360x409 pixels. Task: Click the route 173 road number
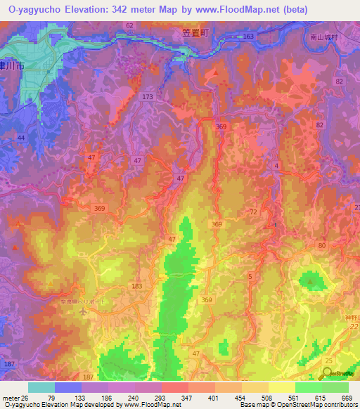point(147,96)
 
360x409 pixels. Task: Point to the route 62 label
point(129,25)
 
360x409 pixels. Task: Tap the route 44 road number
point(21,139)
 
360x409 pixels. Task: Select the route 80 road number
point(321,245)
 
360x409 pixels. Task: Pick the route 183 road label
point(136,286)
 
